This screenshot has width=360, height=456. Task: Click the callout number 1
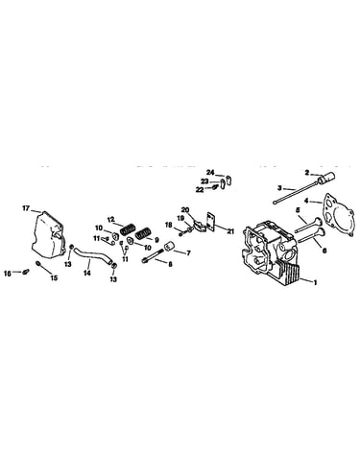click(x=315, y=282)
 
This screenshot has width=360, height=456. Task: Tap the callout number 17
click(x=26, y=208)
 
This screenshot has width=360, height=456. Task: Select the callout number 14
click(x=87, y=273)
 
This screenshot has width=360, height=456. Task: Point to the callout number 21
click(x=230, y=231)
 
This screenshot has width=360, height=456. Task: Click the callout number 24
click(x=210, y=173)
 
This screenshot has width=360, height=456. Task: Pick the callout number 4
click(x=306, y=201)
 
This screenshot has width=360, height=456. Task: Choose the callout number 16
click(x=8, y=273)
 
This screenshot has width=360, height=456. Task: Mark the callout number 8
click(x=170, y=264)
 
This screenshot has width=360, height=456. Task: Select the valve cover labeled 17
click(x=48, y=235)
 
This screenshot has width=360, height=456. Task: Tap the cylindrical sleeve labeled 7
click(x=169, y=248)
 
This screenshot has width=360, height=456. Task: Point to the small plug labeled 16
click(x=26, y=273)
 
